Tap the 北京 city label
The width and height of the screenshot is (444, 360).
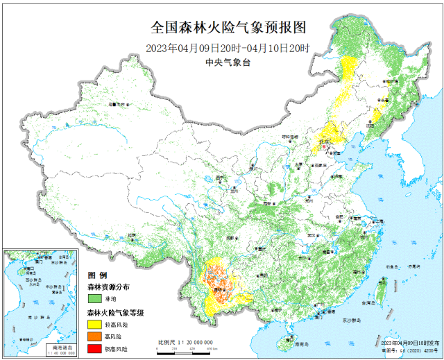(x=325, y=142)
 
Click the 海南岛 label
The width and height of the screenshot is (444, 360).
(x=300, y=343)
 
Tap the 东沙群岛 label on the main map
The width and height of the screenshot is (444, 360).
(x=352, y=320)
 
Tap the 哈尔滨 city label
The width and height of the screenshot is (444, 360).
(x=386, y=82)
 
